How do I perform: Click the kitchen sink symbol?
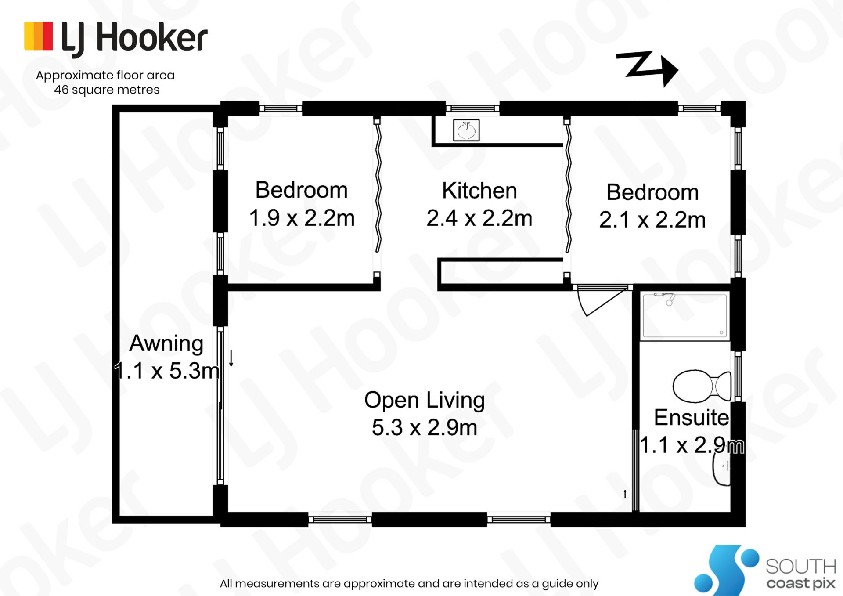pyautogui.click(x=466, y=130)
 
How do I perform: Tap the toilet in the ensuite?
pyautogui.click(x=702, y=386)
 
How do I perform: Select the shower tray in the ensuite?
pyautogui.click(x=684, y=316)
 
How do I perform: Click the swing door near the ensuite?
pyautogui.click(x=604, y=300)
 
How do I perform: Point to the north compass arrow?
pyautogui.click(x=647, y=69)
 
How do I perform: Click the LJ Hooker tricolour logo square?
pyautogui.click(x=39, y=36)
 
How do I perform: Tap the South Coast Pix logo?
pyautogui.click(x=764, y=570)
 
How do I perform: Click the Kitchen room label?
pyautogui.click(x=479, y=191)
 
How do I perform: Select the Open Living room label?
pyautogui.click(x=425, y=401)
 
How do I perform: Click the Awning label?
pyautogui.click(x=166, y=344)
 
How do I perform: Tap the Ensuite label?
pyautogui.click(x=692, y=417)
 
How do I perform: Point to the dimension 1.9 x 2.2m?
pyautogui.click(x=302, y=218)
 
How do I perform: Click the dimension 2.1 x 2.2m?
pyautogui.click(x=652, y=220)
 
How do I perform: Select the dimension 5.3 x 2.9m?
pyautogui.click(x=425, y=427)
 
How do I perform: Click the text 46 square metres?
pyautogui.click(x=107, y=90)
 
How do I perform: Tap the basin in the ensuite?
pyautogui.click(x=721, y=468)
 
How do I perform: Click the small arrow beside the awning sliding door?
pyautogui.click(x=231, y=358)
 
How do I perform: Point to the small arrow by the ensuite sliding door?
pyautogui.click(x=625, y=494)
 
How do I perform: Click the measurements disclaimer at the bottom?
pyautogui.click(x=409, y=584)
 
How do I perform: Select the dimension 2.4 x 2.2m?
pyautogui.click(x=479, y=218)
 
